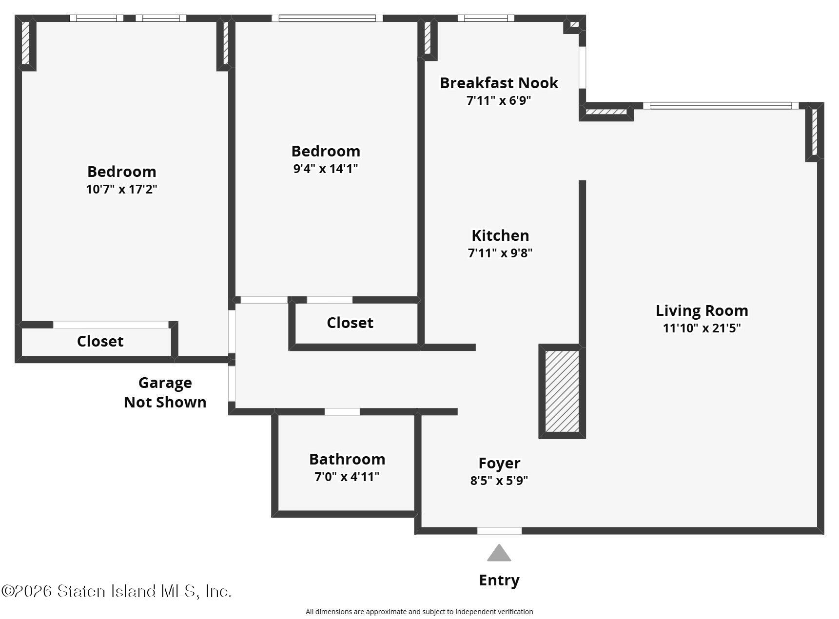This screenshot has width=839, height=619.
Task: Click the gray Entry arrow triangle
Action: point(499,553)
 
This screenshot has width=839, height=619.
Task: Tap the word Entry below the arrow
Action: point(499,580)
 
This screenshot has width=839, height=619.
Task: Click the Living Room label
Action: point(702,310)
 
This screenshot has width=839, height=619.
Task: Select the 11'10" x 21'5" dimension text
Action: point(702,328)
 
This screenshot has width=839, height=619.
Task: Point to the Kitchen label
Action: point(500,235)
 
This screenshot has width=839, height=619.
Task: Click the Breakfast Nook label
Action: point(499,83)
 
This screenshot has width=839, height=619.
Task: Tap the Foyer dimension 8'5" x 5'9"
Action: point(499,481)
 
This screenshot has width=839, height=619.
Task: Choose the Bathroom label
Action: point(347,459)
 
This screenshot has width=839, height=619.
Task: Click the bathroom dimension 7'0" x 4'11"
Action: point(347,477)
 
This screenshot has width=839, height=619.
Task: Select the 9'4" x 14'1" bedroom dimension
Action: point(326,169)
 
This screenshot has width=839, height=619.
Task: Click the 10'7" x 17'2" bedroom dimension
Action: point(121,189)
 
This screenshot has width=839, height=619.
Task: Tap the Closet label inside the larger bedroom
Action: point(100,341)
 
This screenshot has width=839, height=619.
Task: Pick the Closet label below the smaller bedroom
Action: point(350,323)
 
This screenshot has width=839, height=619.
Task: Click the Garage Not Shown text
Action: point(165,392)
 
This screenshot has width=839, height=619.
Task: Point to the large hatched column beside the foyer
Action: point(562,391)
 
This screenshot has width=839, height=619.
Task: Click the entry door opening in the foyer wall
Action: point(499,531)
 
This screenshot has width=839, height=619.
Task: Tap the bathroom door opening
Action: point(342,412)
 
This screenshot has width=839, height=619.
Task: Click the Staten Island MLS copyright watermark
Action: point(116,591)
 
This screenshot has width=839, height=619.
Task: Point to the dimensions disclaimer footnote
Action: point(419,612)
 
